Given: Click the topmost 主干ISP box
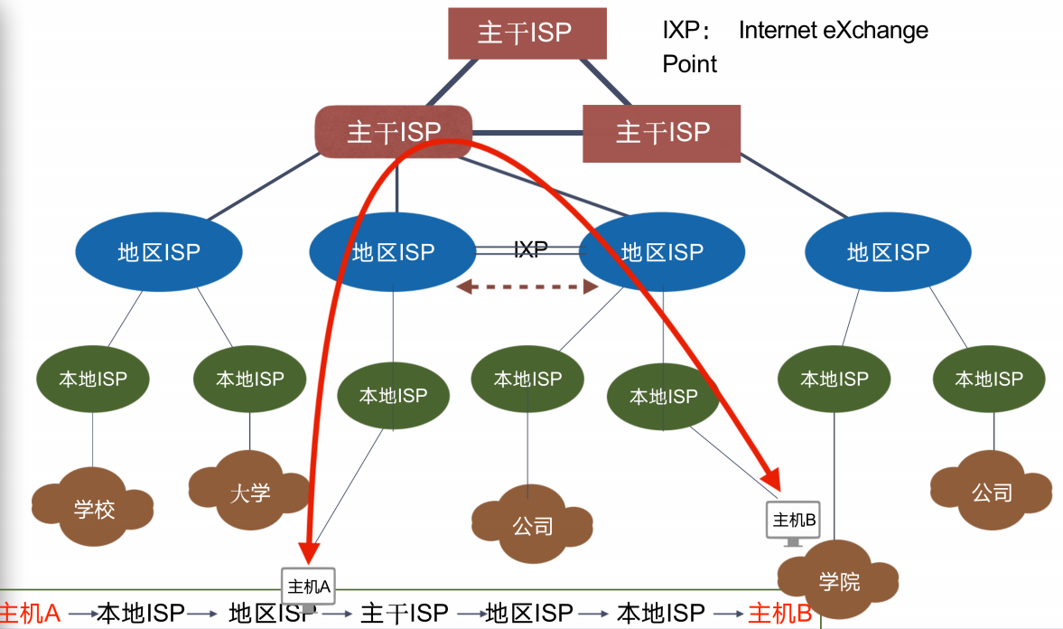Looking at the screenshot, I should pyautogui.click(x=527, y=34).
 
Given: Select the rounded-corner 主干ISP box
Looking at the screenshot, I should pyautogui.click(x=394, y=133).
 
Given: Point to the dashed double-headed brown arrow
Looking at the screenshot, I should pyautogui.click(x=527, y=287).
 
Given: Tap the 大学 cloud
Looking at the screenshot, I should pyautogui.click(x=248, y=492).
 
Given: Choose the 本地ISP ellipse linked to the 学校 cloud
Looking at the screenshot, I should pyautogui.click(x=94, y=380).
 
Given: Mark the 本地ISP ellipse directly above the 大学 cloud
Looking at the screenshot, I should pyautogui.click(x=249, y=380).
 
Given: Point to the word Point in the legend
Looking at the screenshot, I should pyautogui.click(x=690, y=64).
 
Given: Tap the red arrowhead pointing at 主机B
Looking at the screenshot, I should pyautogui.click(x=771, y=479).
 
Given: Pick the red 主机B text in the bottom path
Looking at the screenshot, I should pyautogui.click(x=780, y=614).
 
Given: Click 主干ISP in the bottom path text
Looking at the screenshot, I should pyautogui.click(x=404, y=614).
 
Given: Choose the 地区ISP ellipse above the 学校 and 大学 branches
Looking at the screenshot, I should pyautogui.click(x=158, y=252).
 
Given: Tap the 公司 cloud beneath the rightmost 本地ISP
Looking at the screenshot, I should pyautogui.click(x=992, y=493).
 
